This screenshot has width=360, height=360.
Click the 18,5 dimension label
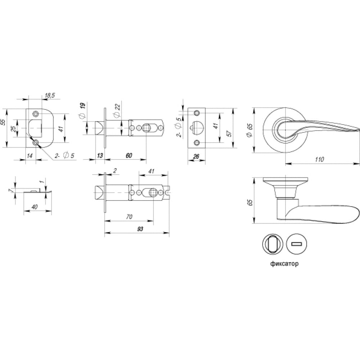pos(50,96)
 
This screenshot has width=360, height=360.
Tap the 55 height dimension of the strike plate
pos(3,122)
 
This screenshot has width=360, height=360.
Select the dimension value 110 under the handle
pos(319,159)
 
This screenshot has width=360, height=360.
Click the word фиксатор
pos(284,264)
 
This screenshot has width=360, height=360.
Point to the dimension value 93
pos(140,229)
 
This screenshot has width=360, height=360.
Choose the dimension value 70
pos(129,217)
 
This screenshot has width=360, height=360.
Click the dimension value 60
pos(129,156)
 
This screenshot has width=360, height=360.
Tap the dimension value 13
pos(100,156)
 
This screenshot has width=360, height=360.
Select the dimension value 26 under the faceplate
pos(196,157)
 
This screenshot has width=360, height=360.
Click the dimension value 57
pos(229,134)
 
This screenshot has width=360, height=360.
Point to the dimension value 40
pos(35,207)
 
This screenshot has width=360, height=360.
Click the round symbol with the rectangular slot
pos(297,244)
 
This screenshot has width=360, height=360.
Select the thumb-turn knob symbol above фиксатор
pos(273,244)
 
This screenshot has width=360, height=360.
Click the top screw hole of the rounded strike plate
pos(36,114)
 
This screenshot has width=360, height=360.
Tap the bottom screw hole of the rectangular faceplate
pos(197,143)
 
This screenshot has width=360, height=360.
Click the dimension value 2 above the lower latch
pos(115,171)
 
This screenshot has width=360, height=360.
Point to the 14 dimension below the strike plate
pos(30,156)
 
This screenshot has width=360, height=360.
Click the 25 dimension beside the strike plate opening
pos(14,129)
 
